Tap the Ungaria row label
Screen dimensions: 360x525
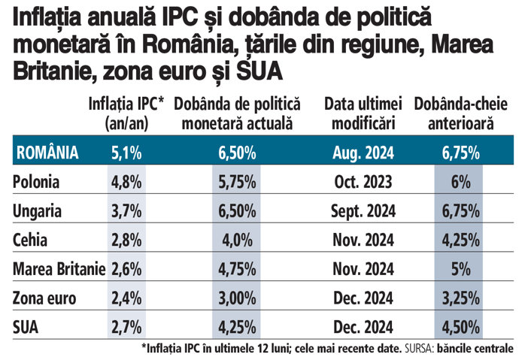[x=38, y=211]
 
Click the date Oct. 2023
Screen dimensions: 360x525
[x=363, y=182]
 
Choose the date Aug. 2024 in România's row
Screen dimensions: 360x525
[x=363, y=153]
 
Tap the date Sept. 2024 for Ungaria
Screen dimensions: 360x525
[x=363, y=211]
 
